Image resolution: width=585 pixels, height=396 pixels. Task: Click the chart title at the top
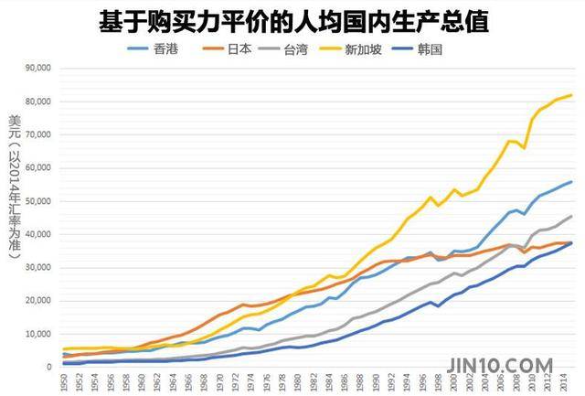pyautogui.click(x=292, y=20)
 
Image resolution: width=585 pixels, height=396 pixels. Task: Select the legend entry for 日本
pyautogui.click(x=235, y=48)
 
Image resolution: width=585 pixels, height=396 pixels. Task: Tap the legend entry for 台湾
pyautogui.click(x=303, y=48)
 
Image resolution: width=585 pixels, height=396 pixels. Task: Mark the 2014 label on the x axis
pyautogui.click(x=564, y=382)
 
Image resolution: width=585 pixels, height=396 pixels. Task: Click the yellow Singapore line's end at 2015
pyautogui.click(x=572, y=95)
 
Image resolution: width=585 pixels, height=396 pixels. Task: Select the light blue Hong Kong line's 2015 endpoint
pyautogui.click(x=572, y=181)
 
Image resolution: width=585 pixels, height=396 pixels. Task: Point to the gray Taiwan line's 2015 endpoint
pyautogui.click(x=572, y=216)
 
